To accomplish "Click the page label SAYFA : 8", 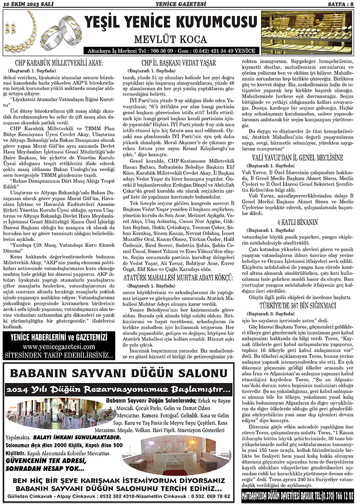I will [340, 5].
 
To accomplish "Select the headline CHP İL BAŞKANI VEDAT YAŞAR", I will [178, 64].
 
